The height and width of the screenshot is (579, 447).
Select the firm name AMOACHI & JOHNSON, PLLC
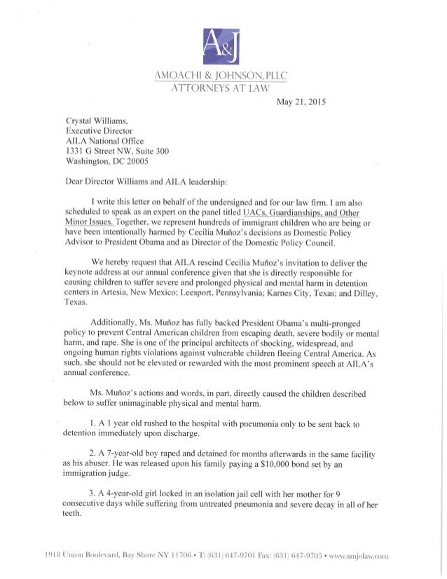coord(223,76)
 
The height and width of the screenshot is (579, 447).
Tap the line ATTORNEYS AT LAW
coord(223,88)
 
